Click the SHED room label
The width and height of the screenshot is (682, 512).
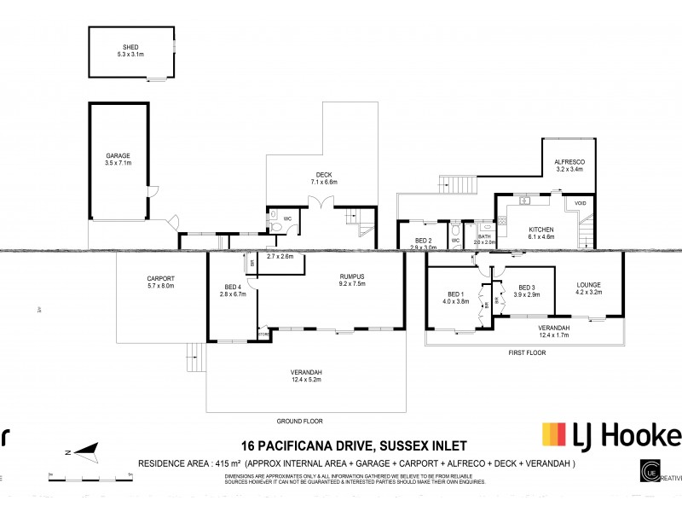click(x=131, y=48)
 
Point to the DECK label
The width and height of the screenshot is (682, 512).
click(x=323, y=176)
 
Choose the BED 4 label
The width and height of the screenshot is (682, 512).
click(x=233, y=287)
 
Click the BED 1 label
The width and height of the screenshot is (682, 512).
click(x=456, y=294)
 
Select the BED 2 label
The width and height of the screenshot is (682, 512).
click(x=424, y=241)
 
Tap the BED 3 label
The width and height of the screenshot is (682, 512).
click(x=526, y=288)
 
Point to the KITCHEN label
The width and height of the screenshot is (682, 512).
click(x=541, y=230)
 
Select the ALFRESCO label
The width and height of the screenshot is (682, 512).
click(x=569, y=162)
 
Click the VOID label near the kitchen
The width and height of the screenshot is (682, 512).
click(x=581, y=203)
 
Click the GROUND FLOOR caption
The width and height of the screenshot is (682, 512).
click(x=299, y=421)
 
